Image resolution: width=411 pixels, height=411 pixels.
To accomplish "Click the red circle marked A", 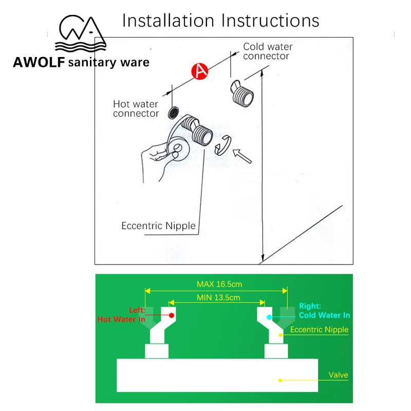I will coord(200,72).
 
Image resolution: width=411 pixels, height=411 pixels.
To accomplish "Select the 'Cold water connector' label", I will coord(267,51).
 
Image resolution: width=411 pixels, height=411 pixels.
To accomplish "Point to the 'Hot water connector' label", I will coord(136,109).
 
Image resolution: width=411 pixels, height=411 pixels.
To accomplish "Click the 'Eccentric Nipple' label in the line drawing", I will coord(158,226).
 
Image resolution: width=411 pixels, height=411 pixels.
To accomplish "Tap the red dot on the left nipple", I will coord(172,314).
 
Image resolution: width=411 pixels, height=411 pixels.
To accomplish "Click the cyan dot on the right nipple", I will coord(269,317).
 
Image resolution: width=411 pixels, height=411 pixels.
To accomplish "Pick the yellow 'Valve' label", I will coord(338,375).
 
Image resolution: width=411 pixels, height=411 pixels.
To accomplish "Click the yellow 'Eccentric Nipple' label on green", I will coord(319,330).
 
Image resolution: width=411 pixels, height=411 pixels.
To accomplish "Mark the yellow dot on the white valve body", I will coord(281,381).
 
